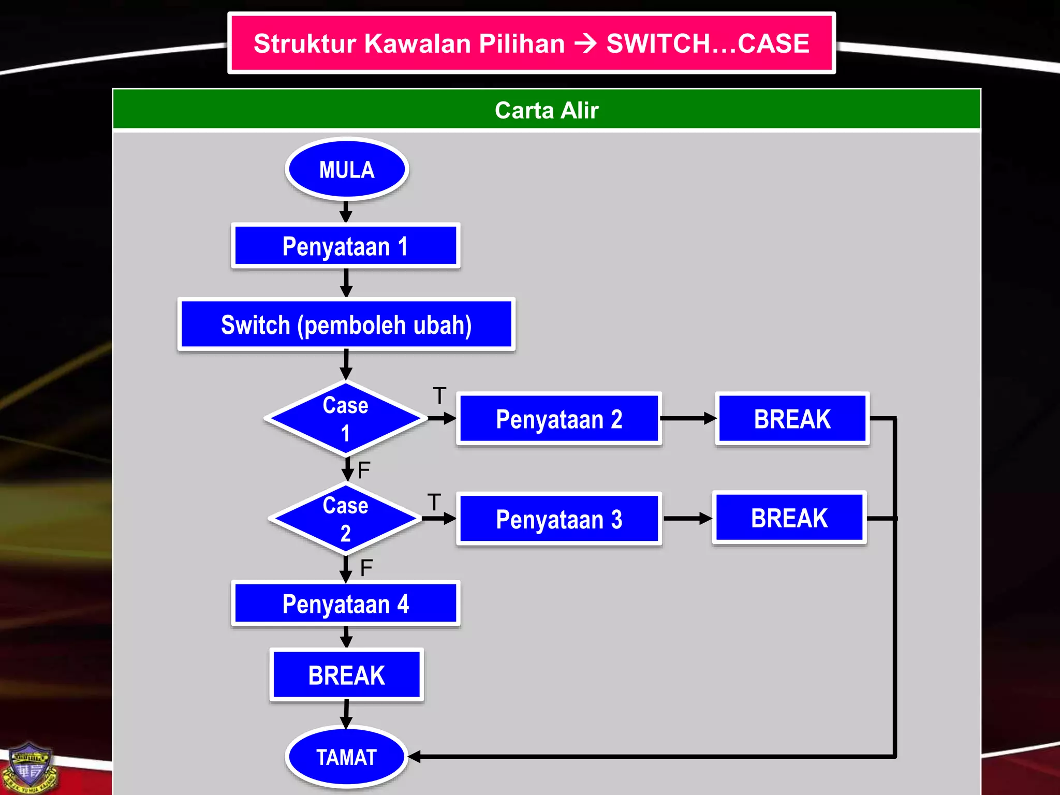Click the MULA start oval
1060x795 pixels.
(346, 169)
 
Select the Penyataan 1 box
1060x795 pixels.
(345, 246)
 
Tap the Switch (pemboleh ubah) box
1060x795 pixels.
(346, 325)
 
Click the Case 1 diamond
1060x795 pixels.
(345, 419)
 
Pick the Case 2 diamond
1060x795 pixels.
(345, 519)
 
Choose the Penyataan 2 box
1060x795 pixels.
(559, 419)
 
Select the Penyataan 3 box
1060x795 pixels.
(559, 519)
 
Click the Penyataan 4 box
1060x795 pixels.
(345, 604)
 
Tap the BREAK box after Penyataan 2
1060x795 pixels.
(792, 419)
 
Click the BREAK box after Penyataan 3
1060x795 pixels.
(789, 518)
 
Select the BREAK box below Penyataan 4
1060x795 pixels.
(346, 675)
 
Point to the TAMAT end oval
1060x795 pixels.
(346, 757)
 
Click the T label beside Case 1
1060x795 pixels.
(439, 396)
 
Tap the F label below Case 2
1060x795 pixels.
(366, 568)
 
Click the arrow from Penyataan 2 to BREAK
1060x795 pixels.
(688, 418)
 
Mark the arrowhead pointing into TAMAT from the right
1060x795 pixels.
(415, 757)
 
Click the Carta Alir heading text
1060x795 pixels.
(547, 110)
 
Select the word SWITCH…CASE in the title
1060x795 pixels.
(708, 43)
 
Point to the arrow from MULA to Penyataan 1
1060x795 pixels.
(346, 212)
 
